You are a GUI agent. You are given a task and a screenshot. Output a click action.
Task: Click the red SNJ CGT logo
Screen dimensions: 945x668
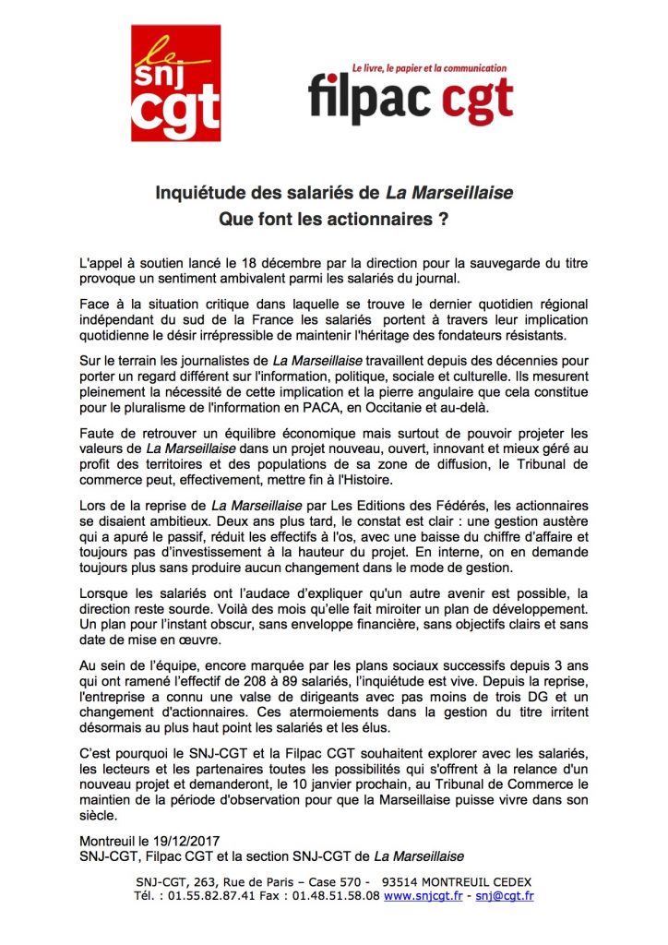(175, 82)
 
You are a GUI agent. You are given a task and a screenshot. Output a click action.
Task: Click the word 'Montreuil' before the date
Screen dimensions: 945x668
(112, 842)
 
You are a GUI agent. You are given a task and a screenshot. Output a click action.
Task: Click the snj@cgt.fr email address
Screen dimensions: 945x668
(504, 894)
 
